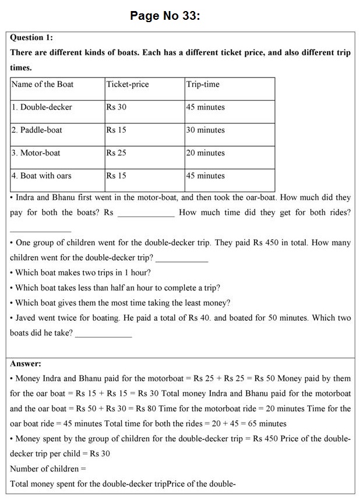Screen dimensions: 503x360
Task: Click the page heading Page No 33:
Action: pos(165,16)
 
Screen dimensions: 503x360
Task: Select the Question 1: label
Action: pos(31,38)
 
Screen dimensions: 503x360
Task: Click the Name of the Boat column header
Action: pos(43,84)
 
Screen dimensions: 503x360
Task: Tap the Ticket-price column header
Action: pos(127,84)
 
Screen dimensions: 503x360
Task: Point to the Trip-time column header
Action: pos(203,84)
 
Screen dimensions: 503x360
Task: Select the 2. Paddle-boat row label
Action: pos(37,130)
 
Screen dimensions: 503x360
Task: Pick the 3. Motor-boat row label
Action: pos(36,153)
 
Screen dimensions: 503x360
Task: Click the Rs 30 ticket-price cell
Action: pos(116,107)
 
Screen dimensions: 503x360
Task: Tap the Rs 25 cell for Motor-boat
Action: pos(116,153)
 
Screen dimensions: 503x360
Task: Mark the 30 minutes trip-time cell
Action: pos(205,130)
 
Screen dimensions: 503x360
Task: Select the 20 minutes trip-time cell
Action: pos(205,153)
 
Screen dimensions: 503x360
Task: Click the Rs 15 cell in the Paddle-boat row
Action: pos(116,130)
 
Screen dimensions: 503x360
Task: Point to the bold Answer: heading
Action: pos(26,364)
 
